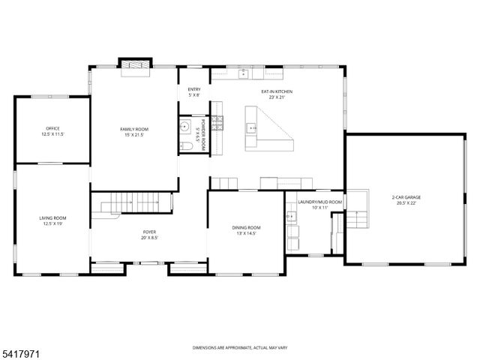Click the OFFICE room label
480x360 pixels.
point(52,129)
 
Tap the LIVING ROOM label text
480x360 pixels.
point(52,218)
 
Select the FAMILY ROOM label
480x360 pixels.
point(133,130)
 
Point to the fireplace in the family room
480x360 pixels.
point(136,66)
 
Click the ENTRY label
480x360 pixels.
point(193,90)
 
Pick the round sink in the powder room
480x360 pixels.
point(184,128)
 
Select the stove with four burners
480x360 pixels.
point(218,124)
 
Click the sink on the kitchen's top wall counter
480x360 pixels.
point(244,73)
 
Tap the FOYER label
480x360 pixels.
point(149,232)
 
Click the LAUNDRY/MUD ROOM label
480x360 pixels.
point(319,202)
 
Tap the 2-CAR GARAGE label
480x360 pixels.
point(404,198)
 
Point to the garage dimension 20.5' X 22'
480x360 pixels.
point(404,204)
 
